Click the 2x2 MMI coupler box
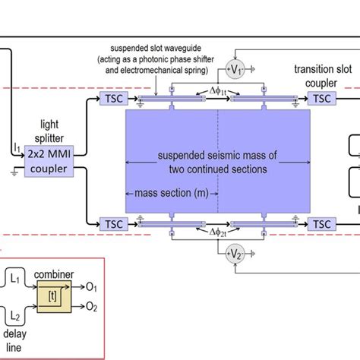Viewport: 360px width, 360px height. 45,159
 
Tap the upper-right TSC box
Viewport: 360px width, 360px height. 321,98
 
